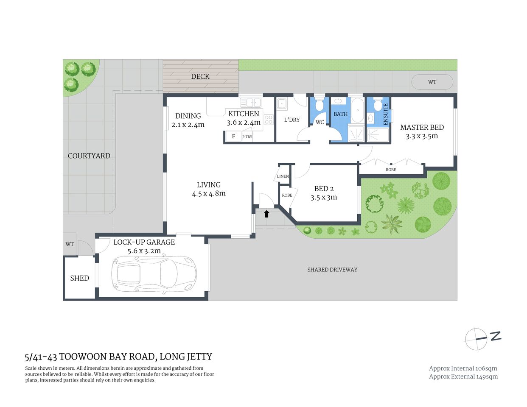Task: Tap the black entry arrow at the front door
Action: click(x=266, y=214)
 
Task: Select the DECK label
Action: click(x=200, y=76)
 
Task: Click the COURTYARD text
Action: click(x=89, y=156)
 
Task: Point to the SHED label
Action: click(x=79, y=278)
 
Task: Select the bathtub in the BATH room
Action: click(x=358, y=111)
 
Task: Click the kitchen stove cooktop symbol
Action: click(x=268, y=120)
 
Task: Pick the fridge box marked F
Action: click(x=233, y=137)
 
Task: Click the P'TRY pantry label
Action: click(x=247, y=137)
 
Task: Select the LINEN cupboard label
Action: click(x=283, y=176)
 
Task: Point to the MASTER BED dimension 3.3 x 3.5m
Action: click(x=422, y=136)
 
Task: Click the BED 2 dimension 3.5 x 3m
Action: click(x=324, y=197)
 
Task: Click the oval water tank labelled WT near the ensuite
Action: click(x=432, y=82)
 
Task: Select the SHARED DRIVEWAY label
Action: click(x=332, y=269)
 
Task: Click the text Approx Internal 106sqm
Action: click(x=463, y=368)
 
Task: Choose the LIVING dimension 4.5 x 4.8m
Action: click(x=209, y=193)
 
